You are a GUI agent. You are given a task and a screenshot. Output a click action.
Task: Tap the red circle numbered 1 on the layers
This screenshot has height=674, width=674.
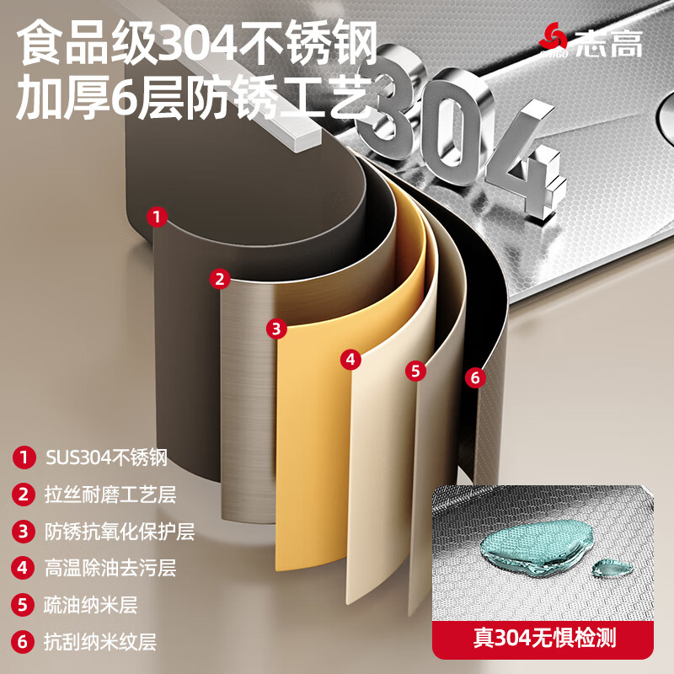155,217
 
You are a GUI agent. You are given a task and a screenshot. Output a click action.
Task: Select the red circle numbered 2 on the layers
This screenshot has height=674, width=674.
220,278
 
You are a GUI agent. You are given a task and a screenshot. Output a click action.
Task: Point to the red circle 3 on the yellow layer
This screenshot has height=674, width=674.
276,328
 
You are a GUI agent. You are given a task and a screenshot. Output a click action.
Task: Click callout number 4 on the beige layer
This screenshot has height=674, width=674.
350,359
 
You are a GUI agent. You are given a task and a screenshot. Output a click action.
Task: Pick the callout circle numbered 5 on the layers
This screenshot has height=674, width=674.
415,370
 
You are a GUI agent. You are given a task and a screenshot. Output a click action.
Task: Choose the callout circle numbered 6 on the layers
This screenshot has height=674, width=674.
474,377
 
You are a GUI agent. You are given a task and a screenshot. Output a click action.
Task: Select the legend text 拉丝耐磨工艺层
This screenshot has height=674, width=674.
110,495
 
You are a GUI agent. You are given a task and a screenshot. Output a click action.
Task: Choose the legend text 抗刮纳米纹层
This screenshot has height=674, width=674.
100,642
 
